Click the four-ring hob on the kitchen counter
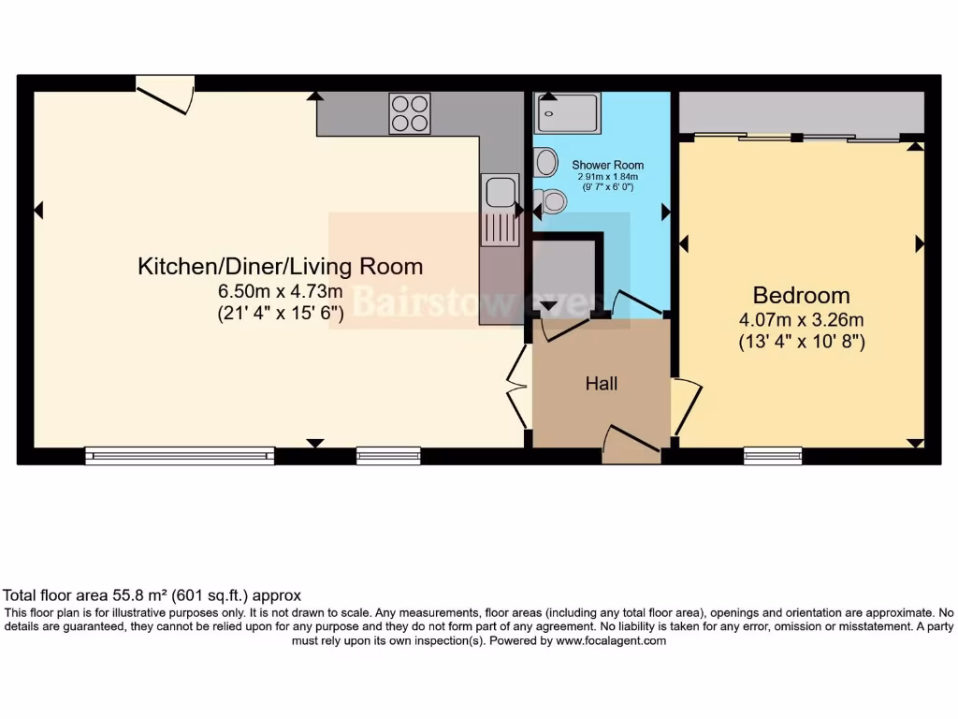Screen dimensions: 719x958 410,113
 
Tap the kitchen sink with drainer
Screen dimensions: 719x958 501,208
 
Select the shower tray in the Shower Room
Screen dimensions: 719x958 567,113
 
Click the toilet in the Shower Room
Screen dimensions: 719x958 552,199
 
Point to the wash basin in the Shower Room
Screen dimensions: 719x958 544,162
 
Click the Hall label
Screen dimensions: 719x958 602,383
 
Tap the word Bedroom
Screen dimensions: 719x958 802,296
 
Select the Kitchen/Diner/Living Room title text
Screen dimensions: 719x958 280,266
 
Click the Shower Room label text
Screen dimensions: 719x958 608,165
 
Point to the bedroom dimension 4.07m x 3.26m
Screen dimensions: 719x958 802,320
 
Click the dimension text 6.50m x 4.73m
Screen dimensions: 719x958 280,291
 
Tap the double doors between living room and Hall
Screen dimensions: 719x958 515,383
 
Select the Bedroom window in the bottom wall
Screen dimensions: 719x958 773,456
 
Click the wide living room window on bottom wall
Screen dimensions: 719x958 180,456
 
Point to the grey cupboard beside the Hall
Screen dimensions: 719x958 564,271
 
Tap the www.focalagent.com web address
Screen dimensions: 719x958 611,641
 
